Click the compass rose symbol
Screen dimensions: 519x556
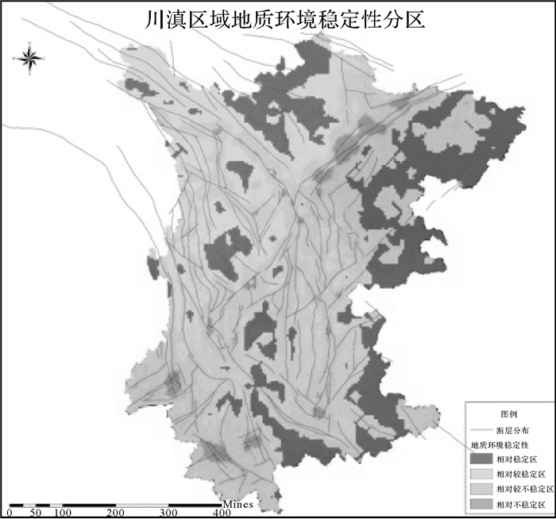click(x=29, y=58)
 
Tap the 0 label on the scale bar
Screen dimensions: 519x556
click(x=9, y=513)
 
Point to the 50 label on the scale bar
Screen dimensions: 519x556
click(x=36, y=513)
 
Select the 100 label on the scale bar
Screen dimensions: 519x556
click(x=63, y=513)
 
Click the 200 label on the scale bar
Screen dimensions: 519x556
click(x=116, y=513)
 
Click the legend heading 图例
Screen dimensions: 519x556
click(x=508, y=414)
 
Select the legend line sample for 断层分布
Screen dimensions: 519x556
click(x=481, y=429)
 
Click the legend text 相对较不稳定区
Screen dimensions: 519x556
click(x=523, y=489)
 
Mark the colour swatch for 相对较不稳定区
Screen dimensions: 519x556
click(x=481, y=489)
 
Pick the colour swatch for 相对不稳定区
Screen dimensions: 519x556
click(x=481, y=504)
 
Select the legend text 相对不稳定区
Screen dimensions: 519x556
click(x=519, y=504)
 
